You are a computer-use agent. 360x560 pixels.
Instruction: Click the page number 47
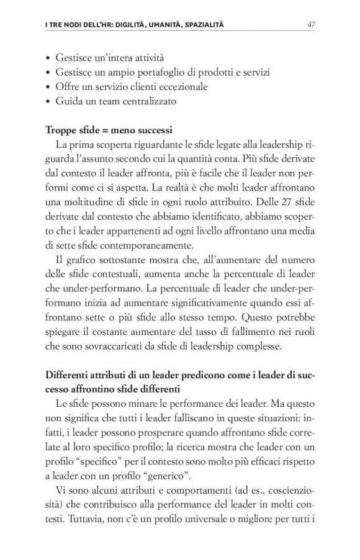(x=312, y=25)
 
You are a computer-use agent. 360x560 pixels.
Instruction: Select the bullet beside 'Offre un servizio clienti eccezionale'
(x=48, y=86)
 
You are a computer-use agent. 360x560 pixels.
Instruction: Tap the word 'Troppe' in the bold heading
(x=60, y=131)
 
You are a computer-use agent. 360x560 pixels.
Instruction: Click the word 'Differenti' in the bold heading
(x=68, y=375)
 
